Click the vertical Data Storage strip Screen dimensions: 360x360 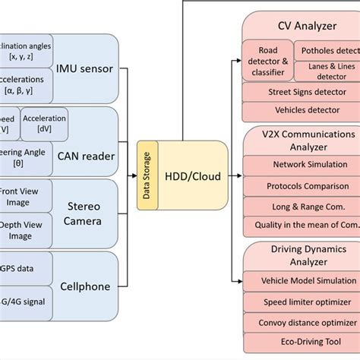pyautogui.click(x=147, y=177)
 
